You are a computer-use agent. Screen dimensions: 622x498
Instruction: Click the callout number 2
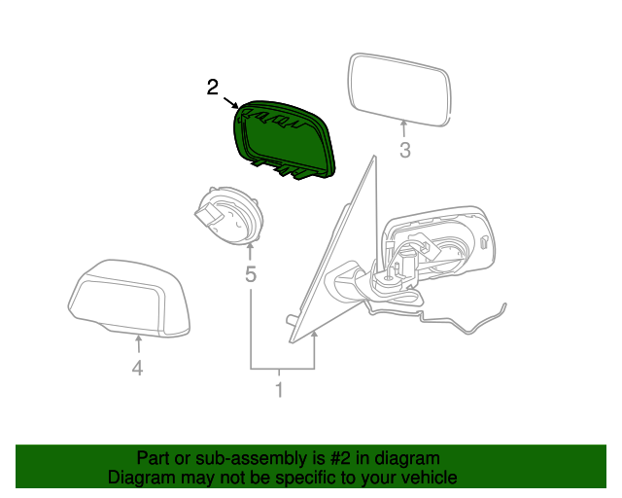[x=212, y=87]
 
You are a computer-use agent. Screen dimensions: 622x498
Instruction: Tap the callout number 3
[x=404, y=150]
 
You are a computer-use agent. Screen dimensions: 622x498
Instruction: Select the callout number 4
[x=137, y=369]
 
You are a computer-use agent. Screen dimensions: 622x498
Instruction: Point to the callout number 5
[x=251, y=274]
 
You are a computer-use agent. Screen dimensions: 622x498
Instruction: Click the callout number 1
[x=279, y=390]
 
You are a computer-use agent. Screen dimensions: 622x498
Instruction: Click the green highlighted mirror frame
[x=284, y=139]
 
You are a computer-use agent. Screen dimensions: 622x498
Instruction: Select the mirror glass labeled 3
[x=399, y=89]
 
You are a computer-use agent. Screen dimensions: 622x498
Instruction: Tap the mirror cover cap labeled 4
[x=129, y=299]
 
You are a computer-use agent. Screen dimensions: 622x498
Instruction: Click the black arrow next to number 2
[x=231, y=103]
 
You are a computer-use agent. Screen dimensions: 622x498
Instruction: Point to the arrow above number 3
[x=404, y=128]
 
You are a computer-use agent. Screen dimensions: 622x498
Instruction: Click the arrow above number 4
[x=138, y=344]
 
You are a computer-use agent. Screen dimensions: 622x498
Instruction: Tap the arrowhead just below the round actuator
[x=250, y=248]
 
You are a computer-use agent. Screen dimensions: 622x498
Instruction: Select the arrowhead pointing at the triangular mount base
[x=315, y=336]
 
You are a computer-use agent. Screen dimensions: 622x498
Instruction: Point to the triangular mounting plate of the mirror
[x=333, y=249]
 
